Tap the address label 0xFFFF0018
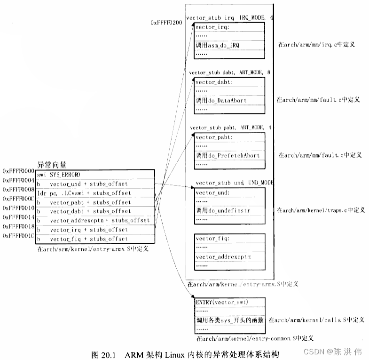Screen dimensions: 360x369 [x=19, y=226]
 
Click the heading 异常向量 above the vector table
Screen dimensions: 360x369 [x=52, y=165]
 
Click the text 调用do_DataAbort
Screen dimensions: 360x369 [x=221, y=100]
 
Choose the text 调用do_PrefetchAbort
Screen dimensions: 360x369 [x=228, y=155]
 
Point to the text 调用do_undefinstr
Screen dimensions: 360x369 [x=223, y=210]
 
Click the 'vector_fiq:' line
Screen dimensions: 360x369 [x=212, y=239]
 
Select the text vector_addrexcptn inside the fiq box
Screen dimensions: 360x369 [x=223, y=257]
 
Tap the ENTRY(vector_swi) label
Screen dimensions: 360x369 [x=221, y=302]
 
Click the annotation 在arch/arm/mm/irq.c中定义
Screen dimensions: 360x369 [x=316, y=44]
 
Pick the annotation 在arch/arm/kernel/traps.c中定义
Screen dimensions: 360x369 [x=321, y=210]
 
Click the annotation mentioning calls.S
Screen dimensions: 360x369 [x=316, y=320]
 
